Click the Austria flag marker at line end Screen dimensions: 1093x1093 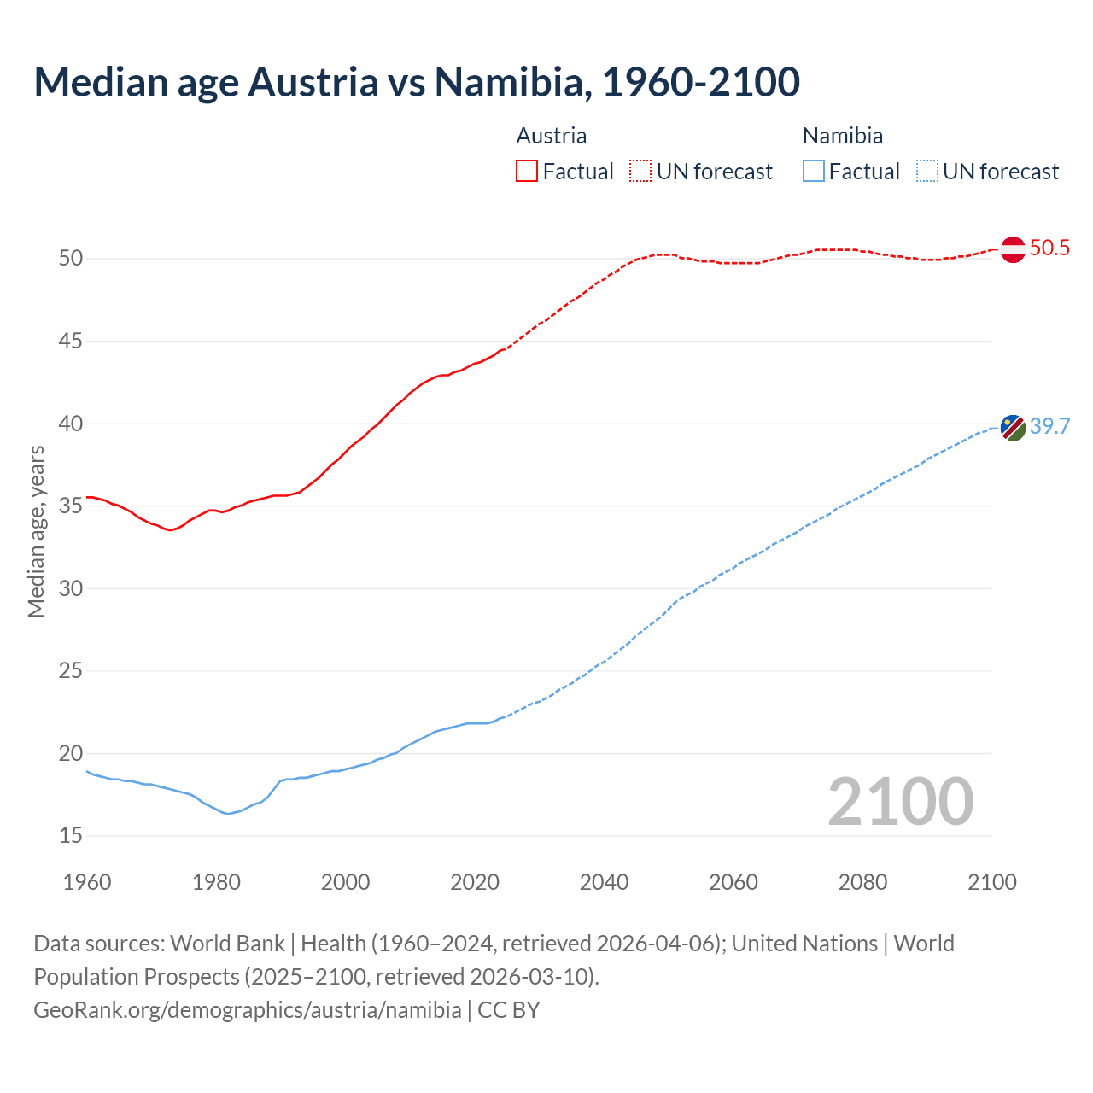[1013, 249]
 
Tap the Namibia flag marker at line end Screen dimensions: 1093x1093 [1013, 427]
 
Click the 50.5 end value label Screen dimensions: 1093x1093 [1049, 248]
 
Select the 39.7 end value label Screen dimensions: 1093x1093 [1049, 426]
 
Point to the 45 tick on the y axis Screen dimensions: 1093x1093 [71, 341]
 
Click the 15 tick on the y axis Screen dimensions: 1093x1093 [71, 835]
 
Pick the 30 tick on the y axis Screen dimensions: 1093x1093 [71, 588]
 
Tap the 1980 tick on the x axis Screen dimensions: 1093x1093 [216, 882]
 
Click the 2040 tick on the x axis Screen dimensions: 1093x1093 [604, 882]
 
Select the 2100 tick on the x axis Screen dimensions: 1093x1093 [991, 882]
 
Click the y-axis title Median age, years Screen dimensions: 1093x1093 [36, 531]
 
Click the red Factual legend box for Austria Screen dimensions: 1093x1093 [527, 172]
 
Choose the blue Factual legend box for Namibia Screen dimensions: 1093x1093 [814, 172]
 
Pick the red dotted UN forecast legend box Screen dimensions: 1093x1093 [640, 172]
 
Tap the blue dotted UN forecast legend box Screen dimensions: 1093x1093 [926, 172]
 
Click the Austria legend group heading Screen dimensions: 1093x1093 [552, 136]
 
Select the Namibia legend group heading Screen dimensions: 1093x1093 [843, 136]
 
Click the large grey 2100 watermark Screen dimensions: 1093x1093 [900, 801]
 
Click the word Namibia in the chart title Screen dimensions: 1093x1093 [511, 82]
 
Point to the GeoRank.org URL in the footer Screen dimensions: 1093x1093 [248, 1010]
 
